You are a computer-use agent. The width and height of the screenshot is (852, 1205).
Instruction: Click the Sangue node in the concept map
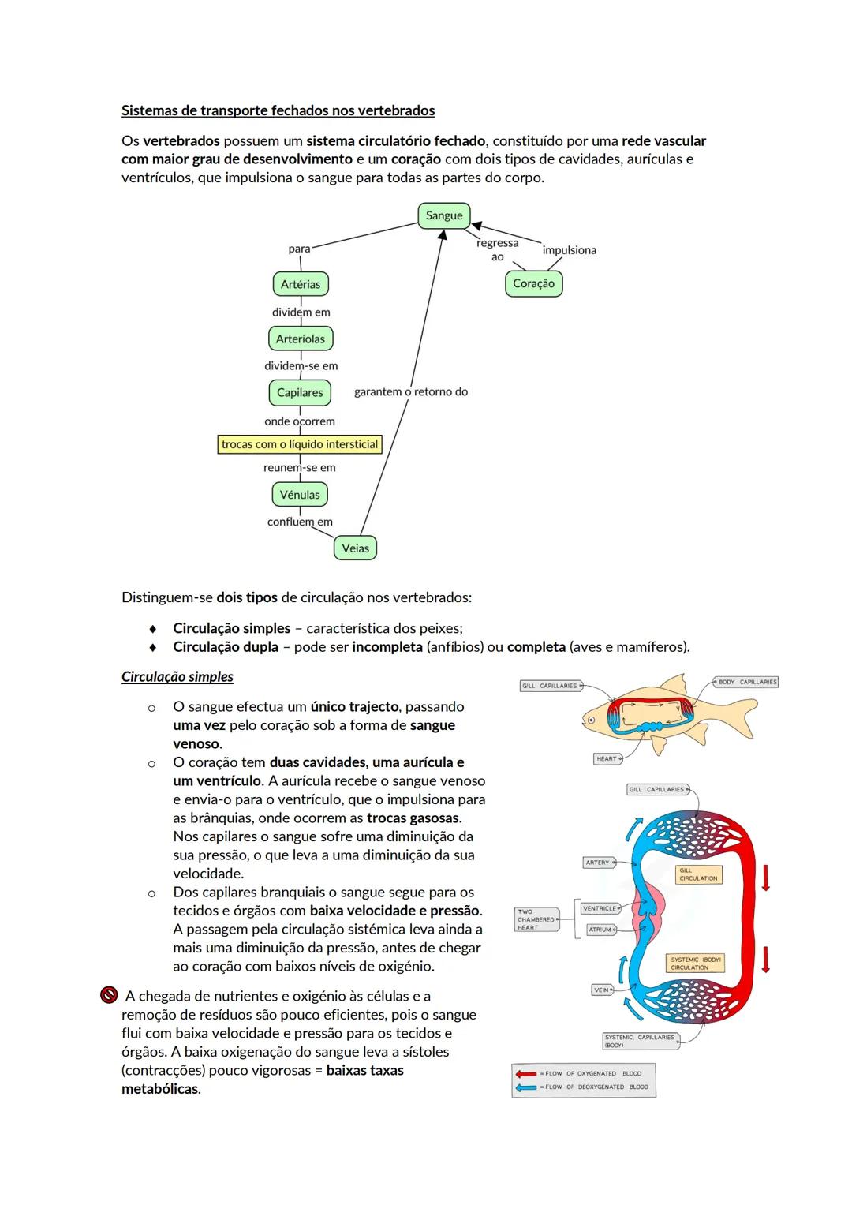coord(444,215)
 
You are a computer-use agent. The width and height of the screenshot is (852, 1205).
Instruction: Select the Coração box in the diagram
coord(533,283)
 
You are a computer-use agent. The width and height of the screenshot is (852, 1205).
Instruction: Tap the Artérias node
coord(301,284)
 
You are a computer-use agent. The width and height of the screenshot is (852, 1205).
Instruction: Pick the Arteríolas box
coord(301,339)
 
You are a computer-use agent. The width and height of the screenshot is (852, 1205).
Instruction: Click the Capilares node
coord(300,392)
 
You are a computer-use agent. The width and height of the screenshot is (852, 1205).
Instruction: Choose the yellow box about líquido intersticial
coord(300,444)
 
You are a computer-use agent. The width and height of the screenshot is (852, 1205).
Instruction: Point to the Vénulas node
coord(300,495)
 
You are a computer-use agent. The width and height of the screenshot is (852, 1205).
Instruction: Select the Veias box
coord(355,548)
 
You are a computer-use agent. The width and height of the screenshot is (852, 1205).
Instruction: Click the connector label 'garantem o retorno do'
coord(411,391)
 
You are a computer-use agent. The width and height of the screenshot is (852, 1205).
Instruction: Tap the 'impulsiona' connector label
coord(570,250)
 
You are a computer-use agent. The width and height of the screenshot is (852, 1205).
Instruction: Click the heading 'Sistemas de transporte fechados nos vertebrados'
coord(278,110)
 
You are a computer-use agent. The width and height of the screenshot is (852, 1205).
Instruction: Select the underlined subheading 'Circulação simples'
coord(177,677)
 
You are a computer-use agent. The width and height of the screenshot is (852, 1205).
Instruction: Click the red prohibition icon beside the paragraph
coord(109,995)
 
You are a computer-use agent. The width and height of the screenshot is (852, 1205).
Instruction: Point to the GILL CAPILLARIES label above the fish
coord(550,686)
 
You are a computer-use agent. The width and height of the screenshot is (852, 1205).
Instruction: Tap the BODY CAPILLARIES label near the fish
coord(746,682)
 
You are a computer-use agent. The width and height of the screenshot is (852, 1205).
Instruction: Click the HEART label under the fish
coord(607,758)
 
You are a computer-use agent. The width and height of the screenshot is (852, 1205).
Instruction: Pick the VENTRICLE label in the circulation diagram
coord(600,908)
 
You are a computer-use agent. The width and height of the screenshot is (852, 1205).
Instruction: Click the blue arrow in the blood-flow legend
coord(525,1087)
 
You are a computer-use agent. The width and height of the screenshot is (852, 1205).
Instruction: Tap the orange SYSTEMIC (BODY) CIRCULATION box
coord(695,964)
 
